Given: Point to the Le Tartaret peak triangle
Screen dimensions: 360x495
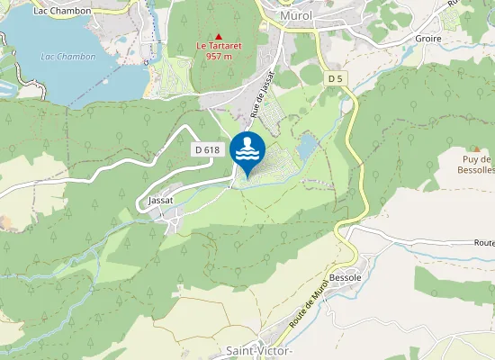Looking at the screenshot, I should (x=218, y=36).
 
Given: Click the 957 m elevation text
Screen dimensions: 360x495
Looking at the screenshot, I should (x=219, y=56).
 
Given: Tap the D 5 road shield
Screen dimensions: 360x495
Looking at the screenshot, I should (x=336, y=79).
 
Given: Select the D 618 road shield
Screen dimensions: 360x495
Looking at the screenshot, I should (x=206, y=150).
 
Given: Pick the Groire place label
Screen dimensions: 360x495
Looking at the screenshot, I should (x=427, y=39).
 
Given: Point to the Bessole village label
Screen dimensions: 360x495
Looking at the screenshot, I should (x=346, y=277).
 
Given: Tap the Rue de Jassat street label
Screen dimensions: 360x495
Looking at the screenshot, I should (x=262, y=95).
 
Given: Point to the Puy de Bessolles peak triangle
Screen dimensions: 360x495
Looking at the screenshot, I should (x=476, y=148).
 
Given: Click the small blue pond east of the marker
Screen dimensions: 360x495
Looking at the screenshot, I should (x=308, y=145).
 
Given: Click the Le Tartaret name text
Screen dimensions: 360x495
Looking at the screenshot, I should (x=219, y=46).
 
